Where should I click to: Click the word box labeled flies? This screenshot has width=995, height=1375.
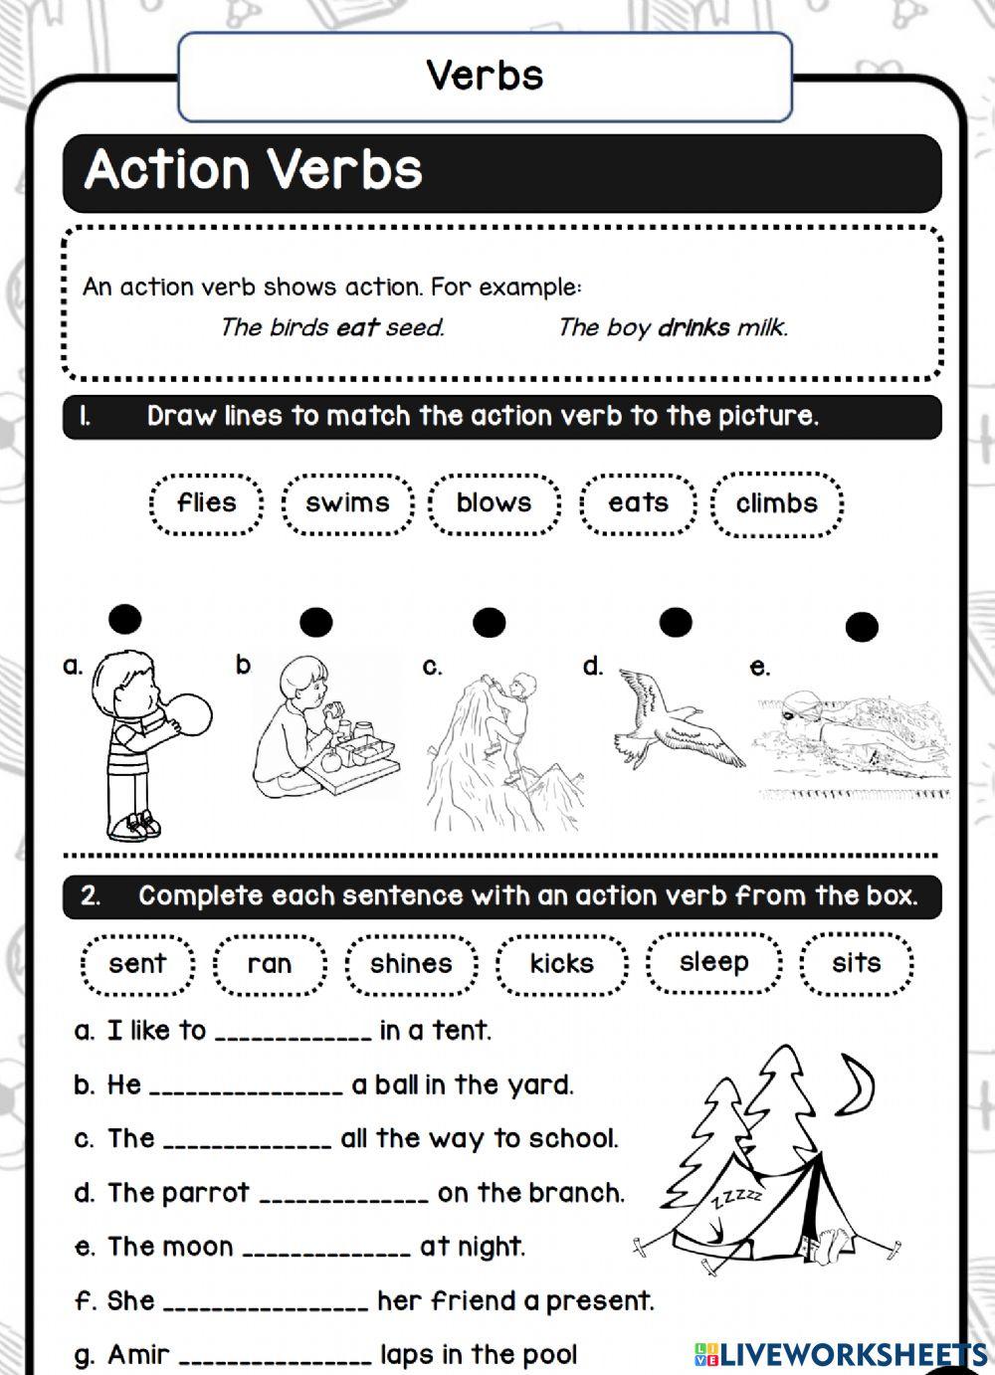[x=206, y=503]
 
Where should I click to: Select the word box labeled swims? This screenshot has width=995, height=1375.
[x=346, y=503]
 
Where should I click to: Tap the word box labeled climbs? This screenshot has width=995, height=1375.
[x=777, y=503]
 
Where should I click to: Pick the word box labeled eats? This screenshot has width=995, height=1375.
[x=638, y=503]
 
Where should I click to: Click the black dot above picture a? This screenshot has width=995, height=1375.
[x=125, y=620]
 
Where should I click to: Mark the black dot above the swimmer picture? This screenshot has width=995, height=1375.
[x=862, y=627]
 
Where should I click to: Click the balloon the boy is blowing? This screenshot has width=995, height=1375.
[x=186, y=716]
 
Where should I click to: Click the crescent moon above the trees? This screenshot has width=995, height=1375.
[x=857, y=1084]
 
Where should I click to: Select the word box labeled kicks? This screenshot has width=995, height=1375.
[x=562, y=964]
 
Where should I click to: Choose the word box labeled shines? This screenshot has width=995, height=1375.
[x=411, y=964]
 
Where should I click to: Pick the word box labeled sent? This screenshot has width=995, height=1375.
[x=137, y=964]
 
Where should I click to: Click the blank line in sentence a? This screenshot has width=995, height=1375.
[x=293, y=1035]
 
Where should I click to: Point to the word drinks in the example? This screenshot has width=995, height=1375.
[x=694, y=327]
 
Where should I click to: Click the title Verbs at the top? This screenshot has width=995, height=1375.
[x=486, y=76]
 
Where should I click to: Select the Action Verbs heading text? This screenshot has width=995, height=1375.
[x=254, y=170]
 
